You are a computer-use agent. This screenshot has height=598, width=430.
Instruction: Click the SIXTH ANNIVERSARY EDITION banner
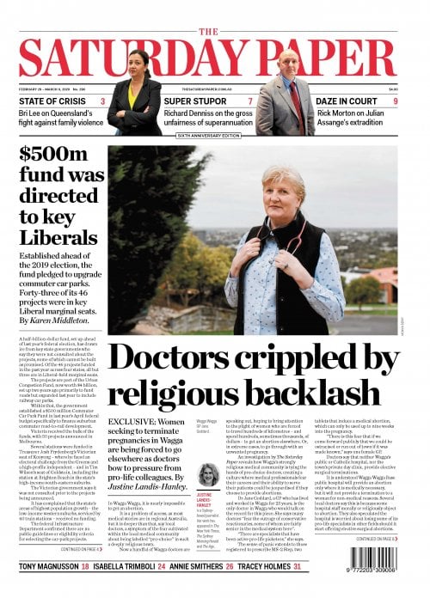click(x=214, y=136)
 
